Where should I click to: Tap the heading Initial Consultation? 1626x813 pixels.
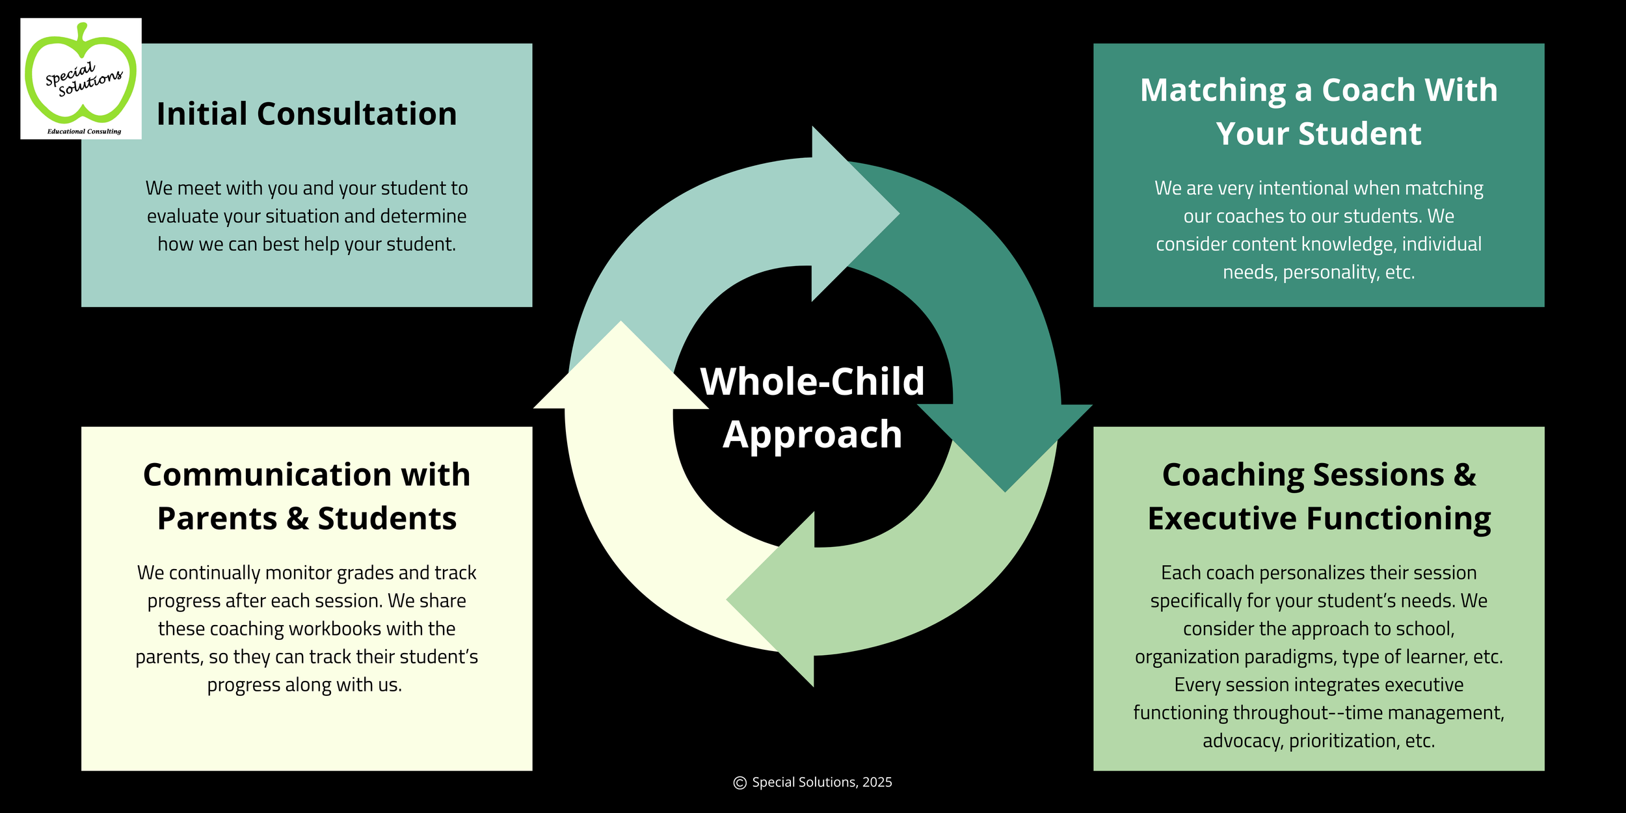click(306, 114)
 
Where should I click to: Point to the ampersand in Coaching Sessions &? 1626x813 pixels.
click(1465, 475)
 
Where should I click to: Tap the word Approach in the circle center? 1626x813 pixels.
click(812, 434)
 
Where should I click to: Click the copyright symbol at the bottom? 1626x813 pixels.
click(740, 783)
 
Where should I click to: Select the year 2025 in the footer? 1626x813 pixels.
click(877, 782)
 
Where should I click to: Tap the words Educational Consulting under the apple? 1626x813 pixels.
click(84, 131)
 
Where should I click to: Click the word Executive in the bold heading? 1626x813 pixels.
click(1222, 519)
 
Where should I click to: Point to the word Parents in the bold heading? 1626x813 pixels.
click(217, 519)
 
